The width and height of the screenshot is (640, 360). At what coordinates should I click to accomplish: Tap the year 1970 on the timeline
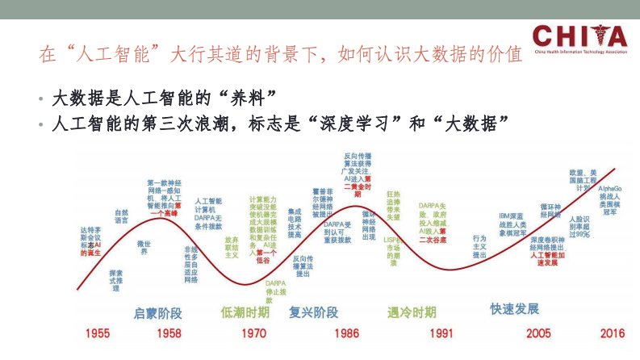pos(253,333)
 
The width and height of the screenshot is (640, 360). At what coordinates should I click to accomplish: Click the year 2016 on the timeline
pos(612,333)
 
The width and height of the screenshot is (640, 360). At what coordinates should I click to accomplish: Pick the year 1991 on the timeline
pos(441,333)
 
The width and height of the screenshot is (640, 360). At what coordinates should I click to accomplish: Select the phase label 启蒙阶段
pos(157,312)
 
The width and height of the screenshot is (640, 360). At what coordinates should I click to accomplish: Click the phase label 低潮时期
pos(245,312)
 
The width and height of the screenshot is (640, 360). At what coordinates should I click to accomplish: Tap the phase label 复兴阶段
pos(313,312)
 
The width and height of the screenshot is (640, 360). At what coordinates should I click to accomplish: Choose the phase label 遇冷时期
pos(411,312)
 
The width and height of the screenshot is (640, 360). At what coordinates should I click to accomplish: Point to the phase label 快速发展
pos(514,308)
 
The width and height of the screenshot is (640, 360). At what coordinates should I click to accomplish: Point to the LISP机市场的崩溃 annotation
pos(393,251)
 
